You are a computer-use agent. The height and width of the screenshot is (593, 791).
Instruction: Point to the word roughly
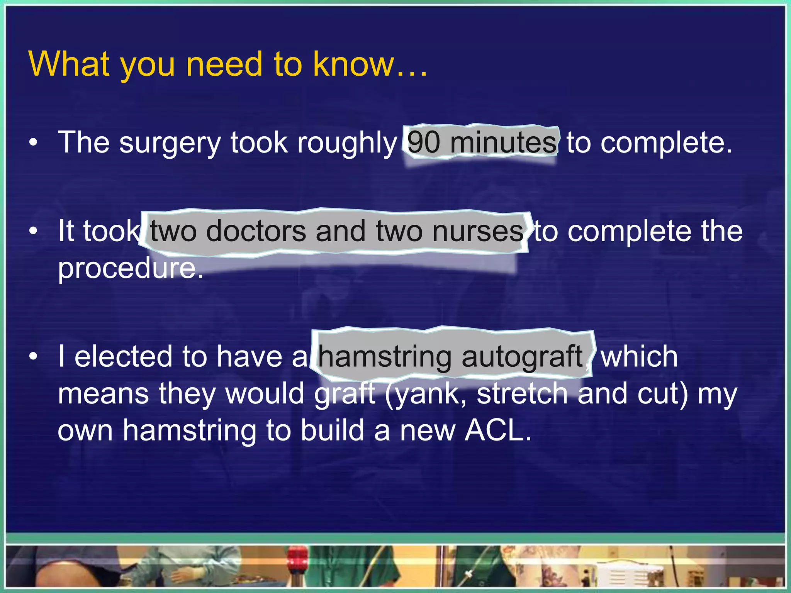(x=346, y=143)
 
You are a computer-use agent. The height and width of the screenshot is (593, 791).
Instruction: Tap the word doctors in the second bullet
(x=256, y=231)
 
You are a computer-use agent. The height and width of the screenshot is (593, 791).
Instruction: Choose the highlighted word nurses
(x=478, y=231)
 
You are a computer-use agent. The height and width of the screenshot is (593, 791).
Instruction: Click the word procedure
(x=130, y=268)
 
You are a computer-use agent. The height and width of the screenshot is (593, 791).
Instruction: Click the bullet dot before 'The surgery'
(x=34, y=143)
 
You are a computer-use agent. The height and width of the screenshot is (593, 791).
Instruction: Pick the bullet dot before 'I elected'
(x=34, y=356)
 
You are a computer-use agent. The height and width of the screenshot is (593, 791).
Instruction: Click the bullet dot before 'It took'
(x=34, y=231)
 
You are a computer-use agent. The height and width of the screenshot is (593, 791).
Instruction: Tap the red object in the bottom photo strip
(x=297, y=557)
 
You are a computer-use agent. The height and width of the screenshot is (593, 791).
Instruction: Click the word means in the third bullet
(x=103, y=394)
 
